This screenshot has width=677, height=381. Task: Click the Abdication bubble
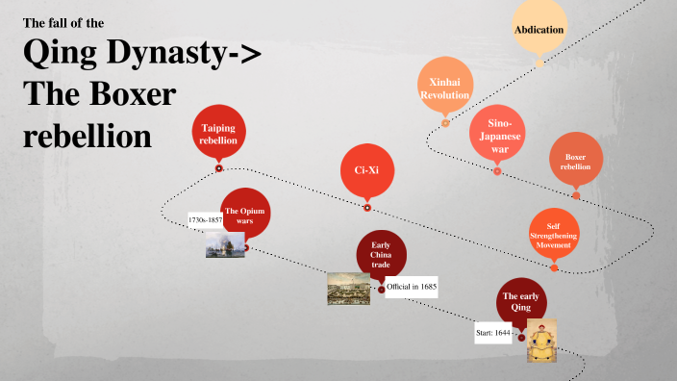point(539,29)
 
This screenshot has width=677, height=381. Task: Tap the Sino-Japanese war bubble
point(497,136)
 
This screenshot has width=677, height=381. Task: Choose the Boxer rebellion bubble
point(575,160)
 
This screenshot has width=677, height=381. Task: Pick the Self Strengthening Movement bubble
point(553,234)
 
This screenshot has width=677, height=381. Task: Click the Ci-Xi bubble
point(367,170)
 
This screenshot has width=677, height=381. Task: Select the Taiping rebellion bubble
point(218,133)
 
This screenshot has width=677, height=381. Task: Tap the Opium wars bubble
point(244,215)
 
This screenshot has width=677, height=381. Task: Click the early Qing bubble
point(522,302)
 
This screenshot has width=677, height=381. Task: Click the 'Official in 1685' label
point(412,287)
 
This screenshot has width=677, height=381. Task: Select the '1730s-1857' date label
point(205,220)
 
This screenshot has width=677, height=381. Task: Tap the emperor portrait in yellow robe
point(541,341)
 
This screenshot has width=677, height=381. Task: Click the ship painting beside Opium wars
point(224,244)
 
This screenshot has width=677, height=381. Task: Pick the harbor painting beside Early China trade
point(348,289)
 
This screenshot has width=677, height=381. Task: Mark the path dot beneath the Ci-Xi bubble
point(367,207)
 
